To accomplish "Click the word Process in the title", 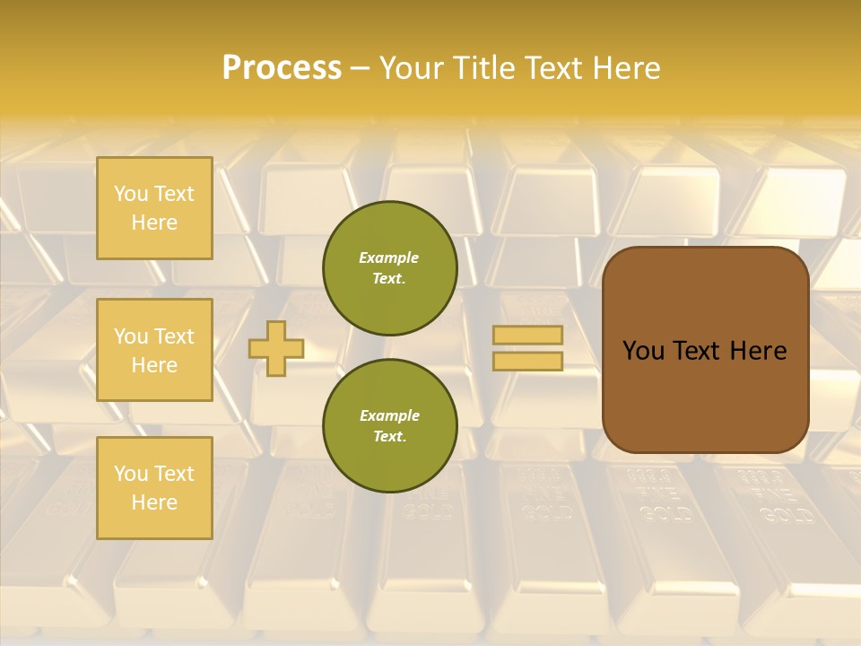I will pyautogui.click(x=282, y=68).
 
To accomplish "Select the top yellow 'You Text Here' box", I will pyautogui.click(x=154, y=208).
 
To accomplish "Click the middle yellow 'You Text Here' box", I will pyautogui.click(x=154, y=350).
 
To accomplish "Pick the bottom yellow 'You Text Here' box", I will pyautogui.click(x=154, y=487).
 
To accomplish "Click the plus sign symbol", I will pyautogui.click(x=276, y=348).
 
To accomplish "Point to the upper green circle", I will pyautogui.click(x=389, y=268).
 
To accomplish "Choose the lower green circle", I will pyautogui.click(x=389, y=426).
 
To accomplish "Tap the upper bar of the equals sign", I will pyautogui.click(x=527, y=335).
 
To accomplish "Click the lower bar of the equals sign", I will pyautogui.click(x=527, y=361).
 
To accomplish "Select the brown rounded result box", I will pyautogui.click(x=705, y=350).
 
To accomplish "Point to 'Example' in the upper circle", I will pyautogui.click(x=389, y=258).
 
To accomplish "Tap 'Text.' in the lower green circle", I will pyautogui.click(x=389, y=437).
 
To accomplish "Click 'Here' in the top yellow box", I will pyautogui.click(x=154, y=223).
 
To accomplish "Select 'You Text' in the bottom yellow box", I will pyautogui.click(x=154, y=473).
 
